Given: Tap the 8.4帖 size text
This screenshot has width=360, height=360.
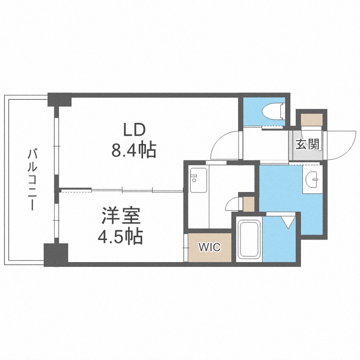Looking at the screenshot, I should [134, 151].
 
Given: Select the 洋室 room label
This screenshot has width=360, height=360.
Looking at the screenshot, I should [120, 216].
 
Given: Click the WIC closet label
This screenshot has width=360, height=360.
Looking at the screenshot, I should [209, 248].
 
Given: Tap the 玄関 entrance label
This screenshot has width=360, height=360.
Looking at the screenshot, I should [307, 144].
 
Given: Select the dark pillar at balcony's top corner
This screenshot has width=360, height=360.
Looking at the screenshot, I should [60, 99].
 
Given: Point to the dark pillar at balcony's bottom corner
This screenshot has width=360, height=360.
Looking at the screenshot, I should [56, 254].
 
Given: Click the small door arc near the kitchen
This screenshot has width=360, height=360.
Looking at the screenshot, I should [233, 204].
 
